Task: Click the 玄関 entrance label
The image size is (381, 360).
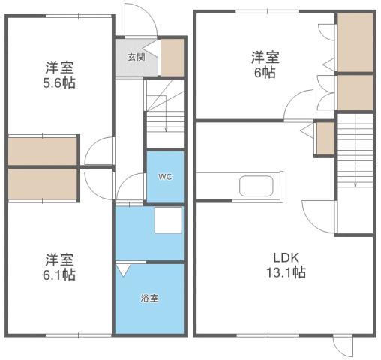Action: [x=136, y=57]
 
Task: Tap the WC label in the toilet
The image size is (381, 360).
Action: [x=164, y=178]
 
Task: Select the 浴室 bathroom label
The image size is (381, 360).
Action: [x=149, y=298]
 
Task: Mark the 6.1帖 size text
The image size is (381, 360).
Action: [x=58, y=274]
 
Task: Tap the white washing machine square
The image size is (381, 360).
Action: [x=168, y=221]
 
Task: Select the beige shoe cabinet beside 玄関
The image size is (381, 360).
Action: [x=173, y=57]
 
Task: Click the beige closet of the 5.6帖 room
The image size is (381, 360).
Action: [x=43, y=151]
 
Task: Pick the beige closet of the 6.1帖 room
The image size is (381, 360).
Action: [x=43, y=184]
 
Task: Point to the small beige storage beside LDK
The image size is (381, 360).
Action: [x=325, y=139]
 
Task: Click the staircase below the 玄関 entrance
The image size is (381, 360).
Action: [x=164, y=112]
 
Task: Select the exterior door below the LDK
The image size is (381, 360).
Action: [x=342, y=346]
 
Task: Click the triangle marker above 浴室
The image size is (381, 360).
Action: [x=124, y=268]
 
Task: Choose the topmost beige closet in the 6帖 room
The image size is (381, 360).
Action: [x=354, y=42]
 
